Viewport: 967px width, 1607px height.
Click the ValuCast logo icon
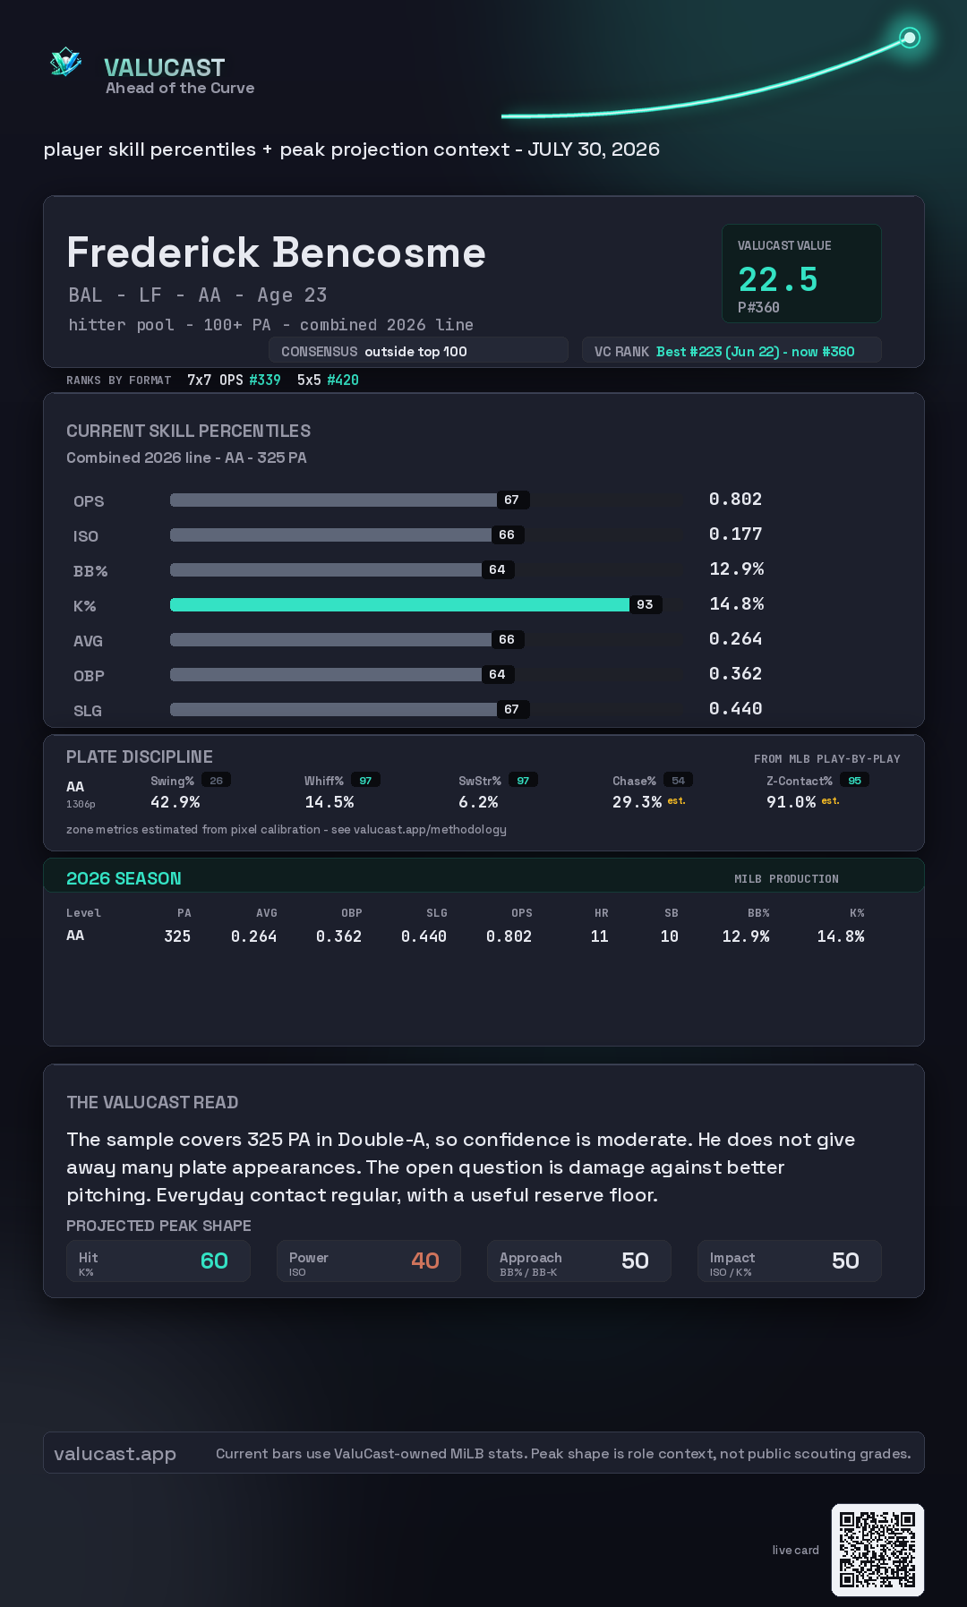pos(65,62)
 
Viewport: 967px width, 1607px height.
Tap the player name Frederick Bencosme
pos(276,252)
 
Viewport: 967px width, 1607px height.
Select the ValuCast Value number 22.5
pos(778,279)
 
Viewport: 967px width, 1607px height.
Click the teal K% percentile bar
pos(399,604)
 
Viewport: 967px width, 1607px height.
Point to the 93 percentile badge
pos(645,604)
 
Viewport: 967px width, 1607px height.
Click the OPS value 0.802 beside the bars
pos(735,499)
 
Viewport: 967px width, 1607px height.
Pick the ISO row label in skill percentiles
pos(86,536)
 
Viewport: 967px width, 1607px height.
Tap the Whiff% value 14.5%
pos(329,802)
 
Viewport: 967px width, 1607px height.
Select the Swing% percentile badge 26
pos(216,781)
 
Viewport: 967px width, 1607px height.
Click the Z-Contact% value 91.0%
pos(791,802)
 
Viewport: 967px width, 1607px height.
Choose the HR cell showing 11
pos(600,936)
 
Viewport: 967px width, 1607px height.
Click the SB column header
pos(672,913)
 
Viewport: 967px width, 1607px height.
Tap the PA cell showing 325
pos(177,936)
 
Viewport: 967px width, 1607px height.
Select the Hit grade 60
pos(214,1261)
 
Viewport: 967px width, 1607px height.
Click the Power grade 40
pos(425,1261)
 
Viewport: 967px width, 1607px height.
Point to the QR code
pos(877,1550)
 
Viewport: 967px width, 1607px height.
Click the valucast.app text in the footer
pos(115,1454)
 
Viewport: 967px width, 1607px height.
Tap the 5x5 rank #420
pos(343,380)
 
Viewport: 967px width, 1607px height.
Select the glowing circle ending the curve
pos(910,38)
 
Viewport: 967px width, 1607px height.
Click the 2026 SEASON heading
pos(124,878)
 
